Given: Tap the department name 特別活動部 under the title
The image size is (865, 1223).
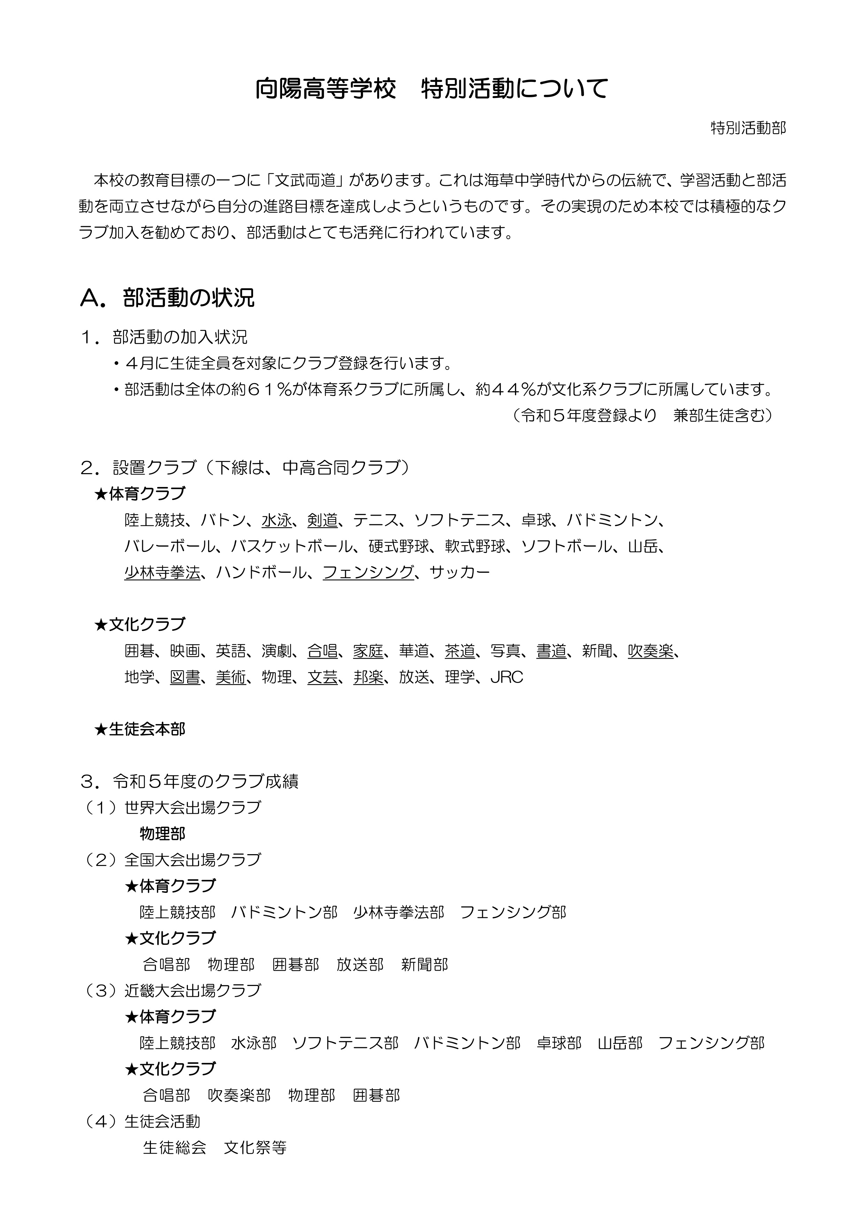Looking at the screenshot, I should (748, 128).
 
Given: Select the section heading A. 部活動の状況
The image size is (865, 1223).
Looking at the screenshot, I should (167, 298).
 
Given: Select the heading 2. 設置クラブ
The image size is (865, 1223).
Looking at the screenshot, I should (245, 468).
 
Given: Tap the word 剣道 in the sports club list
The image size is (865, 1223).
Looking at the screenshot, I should (322, 520).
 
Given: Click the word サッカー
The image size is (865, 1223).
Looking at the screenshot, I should (459, 572).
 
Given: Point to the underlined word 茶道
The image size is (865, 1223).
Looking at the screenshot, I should (460, 651).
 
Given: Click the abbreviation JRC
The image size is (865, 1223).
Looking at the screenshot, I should (507, 677).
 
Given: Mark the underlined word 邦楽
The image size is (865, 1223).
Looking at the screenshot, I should (368, 677).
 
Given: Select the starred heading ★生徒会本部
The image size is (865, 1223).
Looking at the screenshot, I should (139, 729).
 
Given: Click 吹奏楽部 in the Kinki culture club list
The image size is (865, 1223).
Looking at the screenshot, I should (239, 1095).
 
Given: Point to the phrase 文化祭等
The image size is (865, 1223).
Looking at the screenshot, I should (255, 1147).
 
